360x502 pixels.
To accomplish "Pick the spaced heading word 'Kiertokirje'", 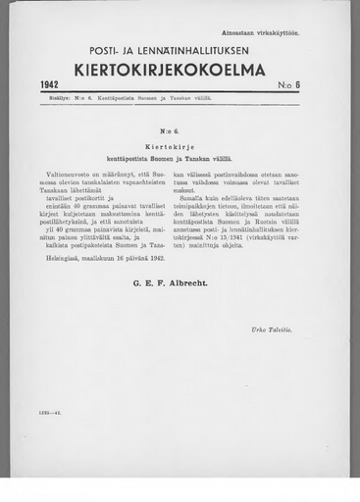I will pyautogui.click(x=180, y=143).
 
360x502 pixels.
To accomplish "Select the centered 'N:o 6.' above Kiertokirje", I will pyautogui.click(x=180, y=129).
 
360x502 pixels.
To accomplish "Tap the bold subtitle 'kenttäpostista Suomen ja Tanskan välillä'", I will pyautogui.click(x=180, y=157).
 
